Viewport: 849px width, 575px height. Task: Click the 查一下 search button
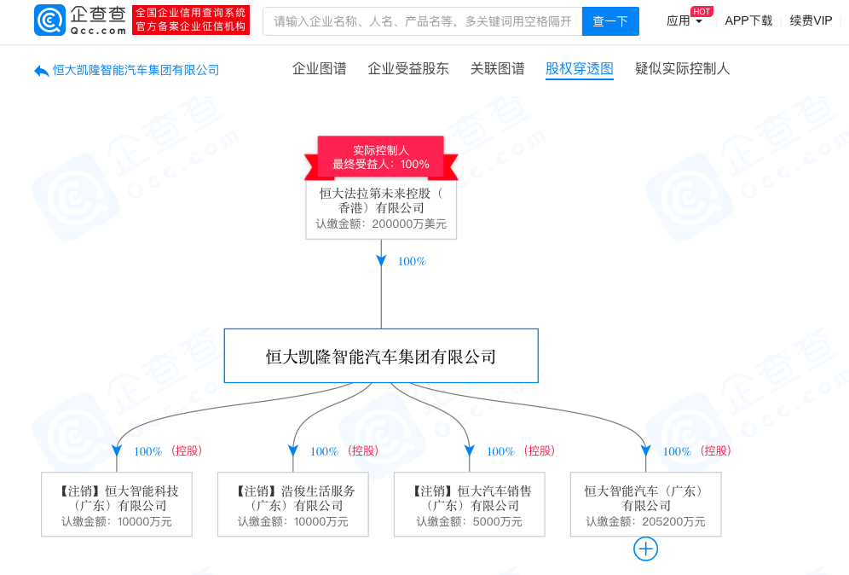(x=610, y=21)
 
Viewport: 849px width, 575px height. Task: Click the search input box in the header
(x=422, y=21)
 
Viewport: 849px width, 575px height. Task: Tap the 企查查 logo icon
(x=49, y=20)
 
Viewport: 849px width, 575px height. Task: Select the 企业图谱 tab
(x=320, y=69)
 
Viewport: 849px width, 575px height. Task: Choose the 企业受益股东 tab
(x=408, y=69)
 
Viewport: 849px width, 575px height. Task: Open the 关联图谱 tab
(x=498, y=69)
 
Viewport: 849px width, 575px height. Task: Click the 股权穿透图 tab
(x=580, y=69)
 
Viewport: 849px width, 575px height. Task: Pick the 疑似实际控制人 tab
(x=683, y=69)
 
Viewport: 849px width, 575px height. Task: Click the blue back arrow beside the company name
(x=41, y=71)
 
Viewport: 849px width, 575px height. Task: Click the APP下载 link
(x=748, y=21)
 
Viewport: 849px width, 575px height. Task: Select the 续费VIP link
(x=811, y=21)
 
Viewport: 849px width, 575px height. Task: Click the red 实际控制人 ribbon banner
(x=381, y=157)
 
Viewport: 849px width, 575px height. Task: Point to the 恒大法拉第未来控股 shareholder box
(x=381, y=209)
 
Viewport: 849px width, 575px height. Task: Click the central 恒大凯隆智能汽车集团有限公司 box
(x=381, y=356)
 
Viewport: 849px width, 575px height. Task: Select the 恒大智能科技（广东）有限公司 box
(x=117, y=505)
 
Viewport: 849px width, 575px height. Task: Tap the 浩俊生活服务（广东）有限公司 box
(x=293, y=505)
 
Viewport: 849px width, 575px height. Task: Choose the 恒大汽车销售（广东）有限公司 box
(x=470, y=505)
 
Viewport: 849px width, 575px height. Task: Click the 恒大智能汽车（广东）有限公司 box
(x=645, y=505)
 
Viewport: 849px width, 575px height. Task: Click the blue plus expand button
(x=645, y=549)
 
